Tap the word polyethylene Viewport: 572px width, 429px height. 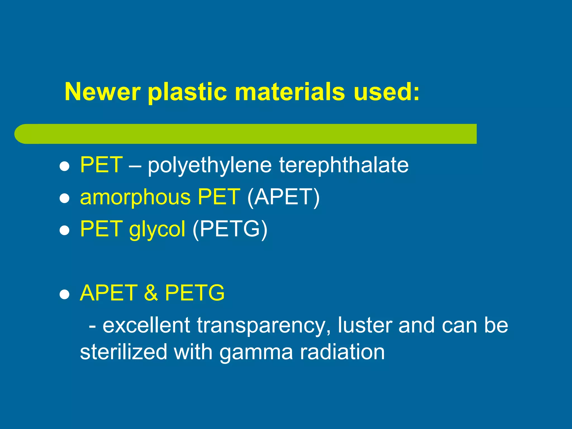[209, 165]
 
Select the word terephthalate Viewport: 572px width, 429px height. [344, 165]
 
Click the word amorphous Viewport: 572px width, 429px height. [135, 197]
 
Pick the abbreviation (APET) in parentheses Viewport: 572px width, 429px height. [283, 197]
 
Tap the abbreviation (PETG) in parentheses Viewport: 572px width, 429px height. [230, 229]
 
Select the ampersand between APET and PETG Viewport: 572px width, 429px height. [151, 293]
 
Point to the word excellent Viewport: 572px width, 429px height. [146, 325]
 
